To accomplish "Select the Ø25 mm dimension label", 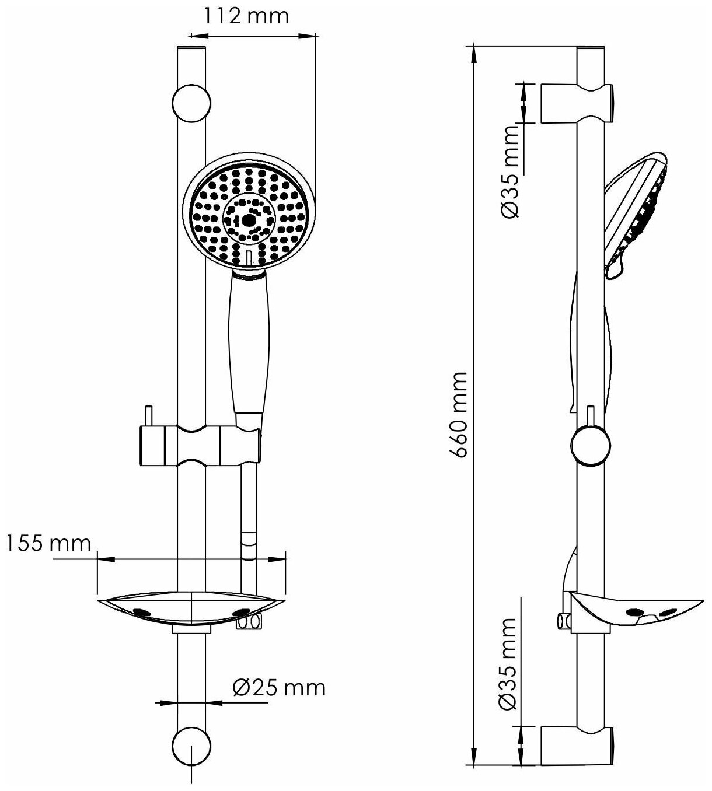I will (279, 688).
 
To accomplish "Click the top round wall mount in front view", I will (190, 104).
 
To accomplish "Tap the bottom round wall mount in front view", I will (190, 744).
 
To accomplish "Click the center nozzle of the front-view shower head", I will (249, 220).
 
